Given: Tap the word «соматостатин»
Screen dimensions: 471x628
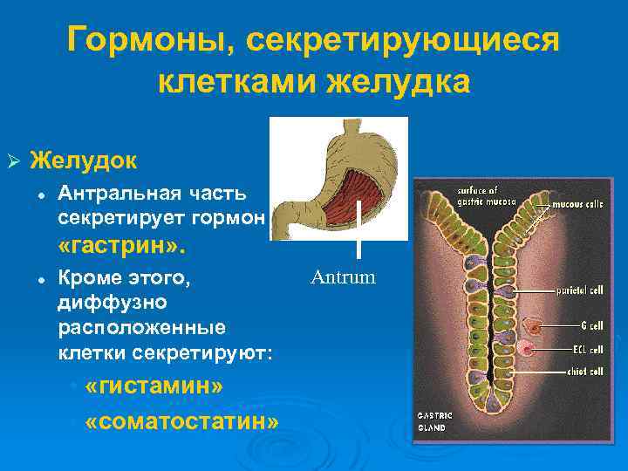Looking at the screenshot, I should pos(183,421).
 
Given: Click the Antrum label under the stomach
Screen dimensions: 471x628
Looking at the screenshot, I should pos(343,278).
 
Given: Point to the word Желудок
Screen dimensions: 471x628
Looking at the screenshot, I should pos(84,160).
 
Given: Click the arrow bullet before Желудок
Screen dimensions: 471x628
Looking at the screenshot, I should pos(13,161).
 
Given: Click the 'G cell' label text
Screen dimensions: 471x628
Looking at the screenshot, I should pos(590,325).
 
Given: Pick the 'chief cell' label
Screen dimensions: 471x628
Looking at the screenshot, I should pos(584,371).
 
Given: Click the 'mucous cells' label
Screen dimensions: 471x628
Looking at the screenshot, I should pos(578,205).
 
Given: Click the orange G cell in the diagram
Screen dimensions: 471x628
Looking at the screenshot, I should pos(532,327).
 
